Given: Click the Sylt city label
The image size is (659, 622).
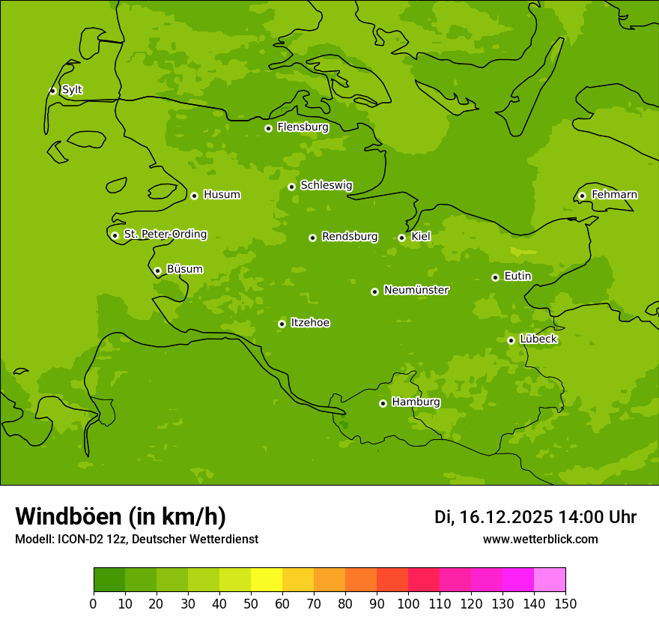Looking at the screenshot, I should [x=72, y=90].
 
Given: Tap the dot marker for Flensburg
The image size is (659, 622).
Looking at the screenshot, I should [x=268, y=128].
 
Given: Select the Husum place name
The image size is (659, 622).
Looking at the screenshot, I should [x=222, y=195].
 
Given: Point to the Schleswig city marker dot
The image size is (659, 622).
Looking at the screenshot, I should [x=291, y=187].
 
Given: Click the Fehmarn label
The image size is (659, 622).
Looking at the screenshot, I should [x=614, y=195].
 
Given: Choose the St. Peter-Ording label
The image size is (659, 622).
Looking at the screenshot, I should [x=165, y=235].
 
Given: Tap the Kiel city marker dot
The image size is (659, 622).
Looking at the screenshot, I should [x=401, y=238].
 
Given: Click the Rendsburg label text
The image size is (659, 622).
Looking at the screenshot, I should [x=350, y=237].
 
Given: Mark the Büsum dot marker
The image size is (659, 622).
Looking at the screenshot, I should [x=157, y=271].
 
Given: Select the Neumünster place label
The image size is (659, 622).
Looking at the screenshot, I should [x=416, y=290].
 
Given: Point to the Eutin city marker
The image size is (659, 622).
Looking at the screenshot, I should [x=495, y=277].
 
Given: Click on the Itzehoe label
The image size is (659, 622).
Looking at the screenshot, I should [x=310, y=323].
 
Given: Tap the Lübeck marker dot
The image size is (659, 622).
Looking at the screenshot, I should [x=511, y=340].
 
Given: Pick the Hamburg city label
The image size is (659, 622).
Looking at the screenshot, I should [x=416, y=402].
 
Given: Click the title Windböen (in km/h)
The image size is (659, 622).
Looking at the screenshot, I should [x=121, y=516].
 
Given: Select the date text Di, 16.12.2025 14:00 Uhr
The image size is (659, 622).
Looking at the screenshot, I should [x=535, y=517].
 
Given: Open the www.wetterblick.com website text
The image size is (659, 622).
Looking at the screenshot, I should [x=540, y=540].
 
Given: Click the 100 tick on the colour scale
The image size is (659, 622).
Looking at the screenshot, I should [x=408, y=603].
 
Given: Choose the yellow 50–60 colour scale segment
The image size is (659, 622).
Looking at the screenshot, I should [x=267, y=580].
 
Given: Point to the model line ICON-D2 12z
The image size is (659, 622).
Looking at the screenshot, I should [x=136, y=540].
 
